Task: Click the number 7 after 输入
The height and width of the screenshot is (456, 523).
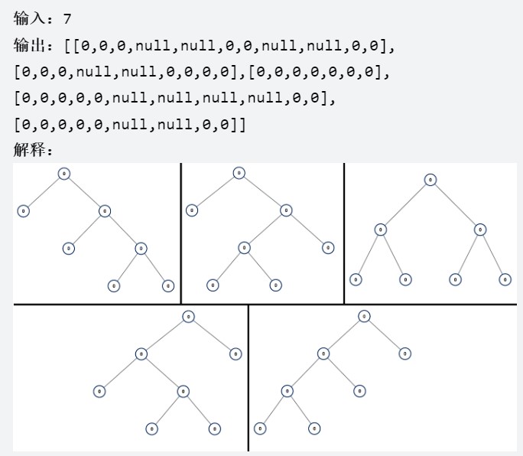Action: coord(67,17)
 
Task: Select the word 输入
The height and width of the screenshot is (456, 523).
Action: coord(30,17)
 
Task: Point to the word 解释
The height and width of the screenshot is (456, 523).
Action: coord(30,150)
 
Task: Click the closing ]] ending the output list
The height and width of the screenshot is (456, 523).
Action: coord(241,124)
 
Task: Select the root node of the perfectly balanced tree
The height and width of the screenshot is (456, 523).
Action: coord(430,180)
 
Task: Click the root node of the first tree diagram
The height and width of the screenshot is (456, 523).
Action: coord(64,174)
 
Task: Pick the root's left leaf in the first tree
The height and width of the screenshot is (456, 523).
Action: coord(23,210)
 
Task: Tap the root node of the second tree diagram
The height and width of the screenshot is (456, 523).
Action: coord(239,174)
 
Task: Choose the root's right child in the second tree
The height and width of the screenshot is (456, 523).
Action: coord(285,210)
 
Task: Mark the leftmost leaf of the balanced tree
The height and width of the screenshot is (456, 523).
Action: coord(355,279)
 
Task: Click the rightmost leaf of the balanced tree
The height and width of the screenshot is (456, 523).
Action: coord(505,279)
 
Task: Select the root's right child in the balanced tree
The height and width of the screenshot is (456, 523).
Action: coord(479,230)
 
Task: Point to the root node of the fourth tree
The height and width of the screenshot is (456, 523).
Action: coord(188,316)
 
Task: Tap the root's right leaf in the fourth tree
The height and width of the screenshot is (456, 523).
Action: coord(236,353)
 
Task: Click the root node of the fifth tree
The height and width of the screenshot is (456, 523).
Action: coord(365,316)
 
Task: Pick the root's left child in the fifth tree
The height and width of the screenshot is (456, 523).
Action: coord(323,353)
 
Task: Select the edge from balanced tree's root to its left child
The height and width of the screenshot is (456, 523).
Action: coord(406,204)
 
